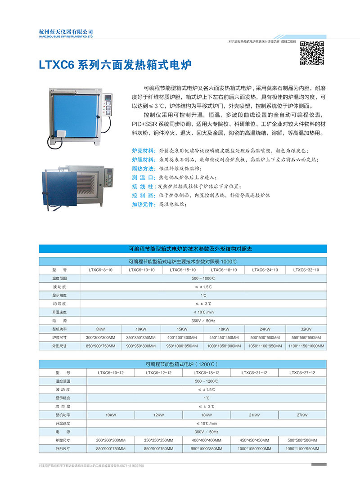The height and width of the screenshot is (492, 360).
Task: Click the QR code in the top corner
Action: (x=312, y=53)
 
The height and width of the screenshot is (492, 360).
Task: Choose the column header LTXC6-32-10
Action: (x=306, y=270)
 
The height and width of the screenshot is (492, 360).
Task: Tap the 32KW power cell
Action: (x=306, y=328)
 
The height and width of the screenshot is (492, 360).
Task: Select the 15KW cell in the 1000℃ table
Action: (x=182, y=328)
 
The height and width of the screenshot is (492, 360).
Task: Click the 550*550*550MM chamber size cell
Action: (x=306, y=337)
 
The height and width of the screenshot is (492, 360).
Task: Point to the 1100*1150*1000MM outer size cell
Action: (x=306, y=346)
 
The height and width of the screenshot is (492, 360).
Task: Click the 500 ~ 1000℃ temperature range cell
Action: (x=203, y=279)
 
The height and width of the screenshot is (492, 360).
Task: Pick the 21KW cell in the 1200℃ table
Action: (x=254, y=415)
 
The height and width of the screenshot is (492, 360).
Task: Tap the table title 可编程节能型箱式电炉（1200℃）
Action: (x=183, y=363)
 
